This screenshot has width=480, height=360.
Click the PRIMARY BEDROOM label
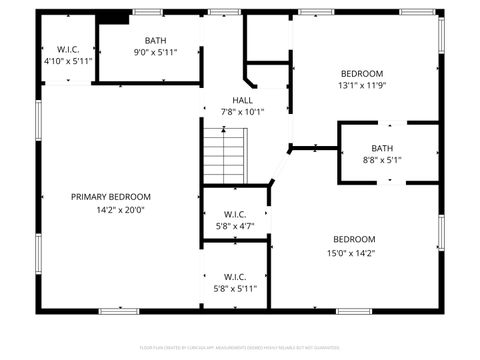point(110,196)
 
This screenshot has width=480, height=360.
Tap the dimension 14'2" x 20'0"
point(121,210)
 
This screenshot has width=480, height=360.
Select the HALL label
point(243,100)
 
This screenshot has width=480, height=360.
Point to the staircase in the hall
point(225,155)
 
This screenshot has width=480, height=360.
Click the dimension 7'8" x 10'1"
point(243,112)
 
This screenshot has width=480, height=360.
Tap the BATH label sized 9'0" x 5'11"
point(155,40)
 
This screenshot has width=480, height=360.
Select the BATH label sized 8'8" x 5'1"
point(383,148)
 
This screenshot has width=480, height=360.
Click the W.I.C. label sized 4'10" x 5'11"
point(68,48)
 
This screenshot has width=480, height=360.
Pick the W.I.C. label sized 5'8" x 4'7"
point(235,214)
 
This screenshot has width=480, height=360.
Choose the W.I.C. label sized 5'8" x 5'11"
point(235,276)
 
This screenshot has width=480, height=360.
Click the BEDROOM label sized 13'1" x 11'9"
point(362,73)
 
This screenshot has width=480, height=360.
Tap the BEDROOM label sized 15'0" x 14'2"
point(354,239)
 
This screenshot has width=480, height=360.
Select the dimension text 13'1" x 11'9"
point(362,86)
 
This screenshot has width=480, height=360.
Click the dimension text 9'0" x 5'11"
point(155,52)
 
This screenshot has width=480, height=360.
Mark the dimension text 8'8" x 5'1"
point(383,160)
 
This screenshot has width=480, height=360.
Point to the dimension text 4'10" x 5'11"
point(68,60)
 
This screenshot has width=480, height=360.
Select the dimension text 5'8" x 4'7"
point(235,226)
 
